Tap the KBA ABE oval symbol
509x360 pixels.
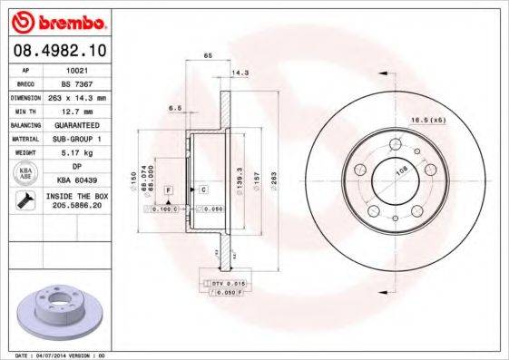(26, 173)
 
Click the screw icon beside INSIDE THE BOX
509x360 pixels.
(25, 200)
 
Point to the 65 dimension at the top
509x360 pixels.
(208, 56)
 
